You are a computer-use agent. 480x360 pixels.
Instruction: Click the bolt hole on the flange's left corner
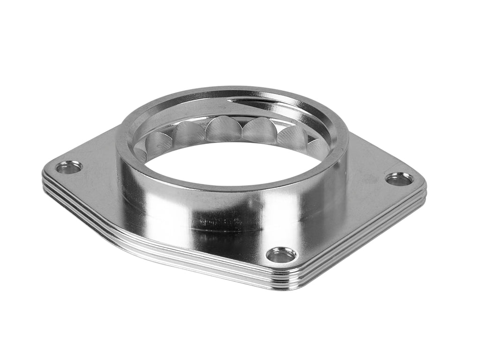(x=69, y=167)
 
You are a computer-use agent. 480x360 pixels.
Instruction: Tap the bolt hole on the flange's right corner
(x=399, y=179)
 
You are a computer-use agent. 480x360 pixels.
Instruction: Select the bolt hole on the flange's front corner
(x=281, y=255)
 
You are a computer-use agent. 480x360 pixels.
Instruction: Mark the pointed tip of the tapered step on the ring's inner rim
(x=228, y=99)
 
